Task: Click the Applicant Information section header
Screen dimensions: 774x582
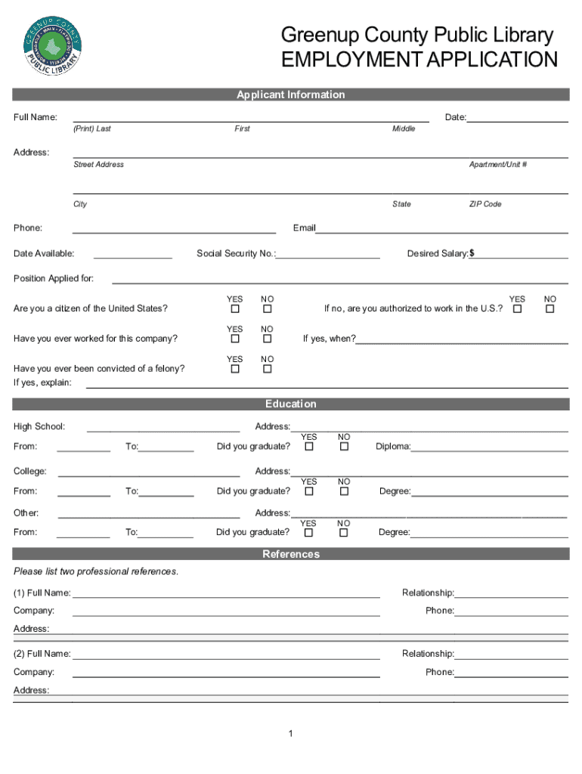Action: [290, 94]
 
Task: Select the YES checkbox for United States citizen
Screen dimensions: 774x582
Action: [235, 309]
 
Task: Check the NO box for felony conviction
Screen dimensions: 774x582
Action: [267, 369]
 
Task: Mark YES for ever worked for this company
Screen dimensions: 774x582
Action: [235, 339]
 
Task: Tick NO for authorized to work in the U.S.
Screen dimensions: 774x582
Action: [549, 309]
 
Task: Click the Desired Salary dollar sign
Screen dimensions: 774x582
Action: [472, 254]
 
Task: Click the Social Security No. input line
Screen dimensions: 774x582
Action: [329, 255]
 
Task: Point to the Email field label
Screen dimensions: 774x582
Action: [304, 228]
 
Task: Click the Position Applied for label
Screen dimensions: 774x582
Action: [54, 279]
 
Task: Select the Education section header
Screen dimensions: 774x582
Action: [290, 404]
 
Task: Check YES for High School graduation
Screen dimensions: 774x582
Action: [309, 447]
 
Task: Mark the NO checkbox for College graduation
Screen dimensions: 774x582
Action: [344, 491]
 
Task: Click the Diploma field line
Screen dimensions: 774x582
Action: [489, 447]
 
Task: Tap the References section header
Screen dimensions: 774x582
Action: [290, 554]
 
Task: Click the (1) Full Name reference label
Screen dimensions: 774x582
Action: [42, 593]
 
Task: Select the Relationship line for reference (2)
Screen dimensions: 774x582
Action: [511, 655]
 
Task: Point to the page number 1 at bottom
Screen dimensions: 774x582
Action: [290, 734]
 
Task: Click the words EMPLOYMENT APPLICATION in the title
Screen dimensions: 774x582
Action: [419, 60]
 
